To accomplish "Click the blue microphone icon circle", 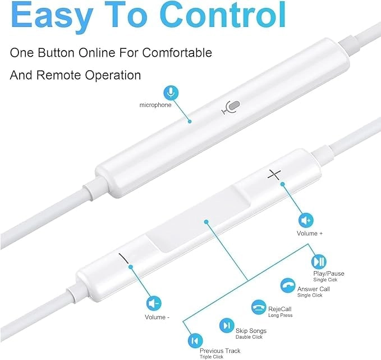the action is pos(171,93).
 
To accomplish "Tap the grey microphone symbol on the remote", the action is pos(231,107).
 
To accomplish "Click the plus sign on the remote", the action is pos(274,175).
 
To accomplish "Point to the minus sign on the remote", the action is pos(123,258).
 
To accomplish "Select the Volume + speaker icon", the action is pos(306,220).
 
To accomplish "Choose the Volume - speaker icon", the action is pos(154,304).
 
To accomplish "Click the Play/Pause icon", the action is pos(319,262).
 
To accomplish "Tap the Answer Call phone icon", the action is pos(288,285).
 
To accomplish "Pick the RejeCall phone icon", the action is pos(259,307).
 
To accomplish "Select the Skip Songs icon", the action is pos(227,325).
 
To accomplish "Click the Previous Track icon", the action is pos(195,340).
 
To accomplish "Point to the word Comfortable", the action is pos(177,53).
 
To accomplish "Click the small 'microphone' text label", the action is pos(155,105).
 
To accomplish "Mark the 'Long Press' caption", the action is pos(281,316).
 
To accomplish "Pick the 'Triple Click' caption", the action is pos(212,357).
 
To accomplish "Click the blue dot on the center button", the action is pos(206,222).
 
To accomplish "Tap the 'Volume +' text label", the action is pos(310,234).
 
